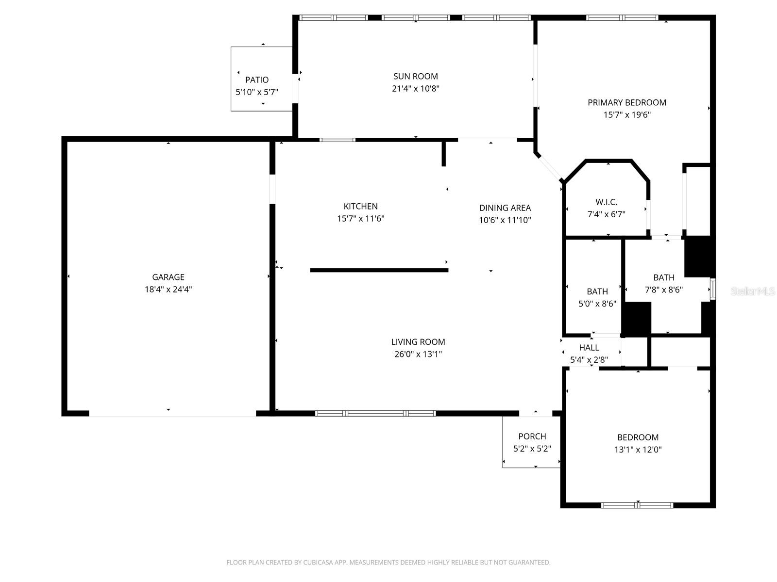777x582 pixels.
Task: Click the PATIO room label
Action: [256, 80]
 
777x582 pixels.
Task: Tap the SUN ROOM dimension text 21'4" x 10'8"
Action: [415, 89]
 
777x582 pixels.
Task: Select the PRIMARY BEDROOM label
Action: [626, 102]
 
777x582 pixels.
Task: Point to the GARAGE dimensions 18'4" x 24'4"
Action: [168, 290]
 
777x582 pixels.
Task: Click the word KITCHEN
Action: [360, 207]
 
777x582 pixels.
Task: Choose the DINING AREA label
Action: [505, 208]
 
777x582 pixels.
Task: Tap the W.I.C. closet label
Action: [606, 202]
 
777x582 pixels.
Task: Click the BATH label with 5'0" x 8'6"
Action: [597, 291]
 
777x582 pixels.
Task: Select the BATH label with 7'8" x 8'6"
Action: [664, 277]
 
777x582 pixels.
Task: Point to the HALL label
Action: [589, 348]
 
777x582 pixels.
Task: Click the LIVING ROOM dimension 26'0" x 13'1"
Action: [418, 354]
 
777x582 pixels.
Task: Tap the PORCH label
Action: [532, 436]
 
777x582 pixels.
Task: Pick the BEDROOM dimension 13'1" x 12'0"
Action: [638, 450]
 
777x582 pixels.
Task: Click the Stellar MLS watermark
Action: [753, 291]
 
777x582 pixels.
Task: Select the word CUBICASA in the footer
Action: [317, 562]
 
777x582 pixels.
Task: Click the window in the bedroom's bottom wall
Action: [637, 505]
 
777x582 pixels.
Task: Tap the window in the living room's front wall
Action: [375, 413]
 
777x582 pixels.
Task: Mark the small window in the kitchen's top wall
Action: [338, 140]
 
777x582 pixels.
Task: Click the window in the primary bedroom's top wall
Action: [622, 17]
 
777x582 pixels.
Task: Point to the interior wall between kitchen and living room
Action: [379, 270]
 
